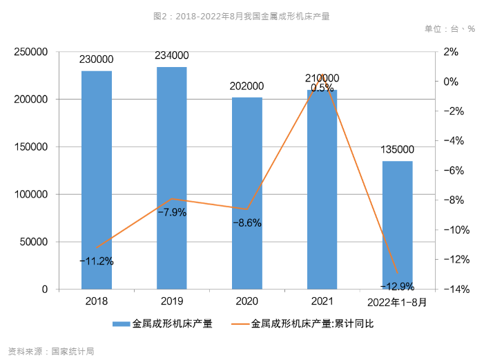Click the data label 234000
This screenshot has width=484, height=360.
[172, 55]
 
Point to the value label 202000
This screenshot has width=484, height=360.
[246, 86]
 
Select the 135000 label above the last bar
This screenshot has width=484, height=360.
[397, 149]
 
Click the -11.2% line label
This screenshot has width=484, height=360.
[97, 261]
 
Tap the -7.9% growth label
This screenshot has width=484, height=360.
[172, 212]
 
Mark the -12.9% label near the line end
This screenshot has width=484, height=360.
[397, 286]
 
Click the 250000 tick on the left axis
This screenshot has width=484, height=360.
[31, 52]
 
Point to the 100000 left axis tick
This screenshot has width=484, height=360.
[31, 194]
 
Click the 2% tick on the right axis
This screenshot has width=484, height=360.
[451, 52]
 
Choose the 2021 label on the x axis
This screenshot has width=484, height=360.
[322, 302]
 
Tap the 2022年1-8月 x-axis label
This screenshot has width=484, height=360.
[397, 302]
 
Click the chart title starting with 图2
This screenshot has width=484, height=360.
[241, 15]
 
